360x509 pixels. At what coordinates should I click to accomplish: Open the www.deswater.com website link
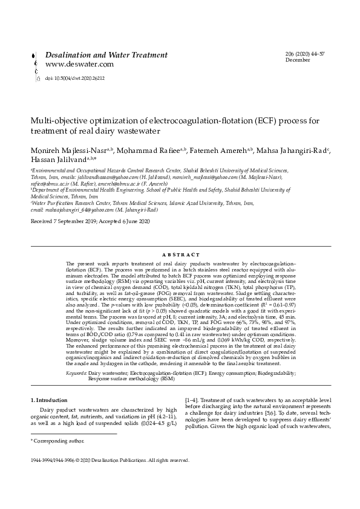click(x=79, y=64)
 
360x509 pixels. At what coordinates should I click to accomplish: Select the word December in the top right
click(x=297, y=60)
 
